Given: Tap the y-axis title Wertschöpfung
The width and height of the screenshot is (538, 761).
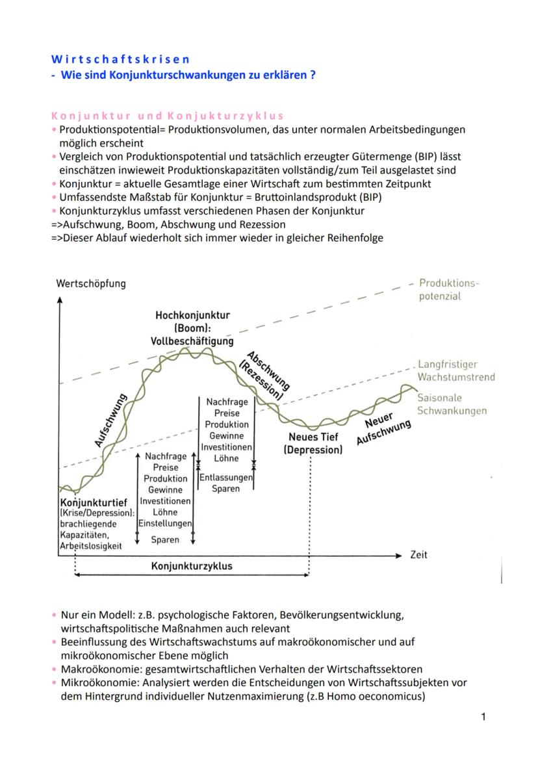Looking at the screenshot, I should pyautogui.click(x=91, y=283).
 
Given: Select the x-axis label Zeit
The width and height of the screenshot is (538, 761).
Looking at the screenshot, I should pyautogui.click(x=419, y=555).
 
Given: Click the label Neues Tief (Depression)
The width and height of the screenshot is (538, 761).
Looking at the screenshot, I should pyautogui.click(x=313, y=444).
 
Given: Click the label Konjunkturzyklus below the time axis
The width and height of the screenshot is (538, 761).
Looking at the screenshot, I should pyautogui.click(x=192, y=566).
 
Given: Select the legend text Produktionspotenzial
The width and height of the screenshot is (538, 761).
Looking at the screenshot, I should pyautogui.click(x=448, y=290).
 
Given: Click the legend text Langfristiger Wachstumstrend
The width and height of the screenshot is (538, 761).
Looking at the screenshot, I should pyautogui.click(x=455, y=370).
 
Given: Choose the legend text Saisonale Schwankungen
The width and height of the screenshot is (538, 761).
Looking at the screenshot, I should pyautogui.click(x=451, y=404).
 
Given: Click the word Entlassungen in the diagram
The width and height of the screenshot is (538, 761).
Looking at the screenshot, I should pyautogui.click(x=225, y=478).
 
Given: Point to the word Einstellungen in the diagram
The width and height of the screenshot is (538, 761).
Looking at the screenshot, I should pyautogui.click(x=165, y=523).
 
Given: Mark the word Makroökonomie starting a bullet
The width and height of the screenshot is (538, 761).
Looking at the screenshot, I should pyautogui.click(x=93, y=669).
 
